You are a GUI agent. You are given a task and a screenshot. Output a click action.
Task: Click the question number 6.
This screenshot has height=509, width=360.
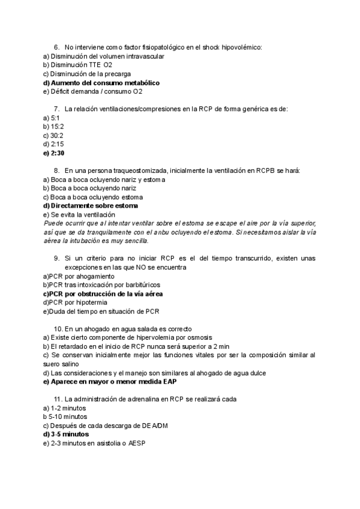[x=56, y=47]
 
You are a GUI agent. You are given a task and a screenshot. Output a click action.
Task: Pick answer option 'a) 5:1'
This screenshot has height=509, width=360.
[x=52, y=118]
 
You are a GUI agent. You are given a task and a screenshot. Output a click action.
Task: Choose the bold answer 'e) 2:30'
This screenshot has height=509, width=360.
[x=54, y=153]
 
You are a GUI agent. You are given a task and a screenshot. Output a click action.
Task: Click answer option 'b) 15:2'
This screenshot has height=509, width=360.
[x=54, y=127]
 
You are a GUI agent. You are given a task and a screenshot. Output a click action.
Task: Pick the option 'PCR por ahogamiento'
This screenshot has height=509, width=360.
[x=82, y=276]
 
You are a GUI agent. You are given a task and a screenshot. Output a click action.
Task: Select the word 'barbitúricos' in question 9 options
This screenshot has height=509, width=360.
[x=142, y=285]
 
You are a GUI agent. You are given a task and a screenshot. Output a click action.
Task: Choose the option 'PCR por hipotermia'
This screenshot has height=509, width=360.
[x=80, y=303]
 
